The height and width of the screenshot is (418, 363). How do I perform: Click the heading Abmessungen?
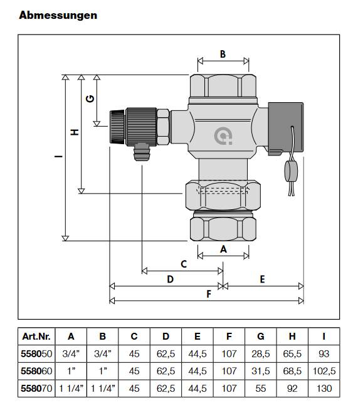point(58,15)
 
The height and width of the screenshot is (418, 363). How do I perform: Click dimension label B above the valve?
point(223,54)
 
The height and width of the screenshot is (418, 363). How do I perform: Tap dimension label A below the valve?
point(223,248)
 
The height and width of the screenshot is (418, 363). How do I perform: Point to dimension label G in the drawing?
point(90,99)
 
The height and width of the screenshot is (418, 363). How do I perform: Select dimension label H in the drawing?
point(74,132)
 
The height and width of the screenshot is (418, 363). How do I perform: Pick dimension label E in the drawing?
point(263,279)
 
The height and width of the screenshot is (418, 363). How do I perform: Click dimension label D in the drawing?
point(169,280)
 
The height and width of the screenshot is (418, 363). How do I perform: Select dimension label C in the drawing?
point(184,264)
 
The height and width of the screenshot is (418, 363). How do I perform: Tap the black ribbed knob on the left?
point(117,125)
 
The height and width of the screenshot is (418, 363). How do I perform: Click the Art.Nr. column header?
point(36,336)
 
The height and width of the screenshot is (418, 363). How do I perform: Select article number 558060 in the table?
point(36,371)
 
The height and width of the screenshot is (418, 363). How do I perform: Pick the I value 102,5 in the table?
point(324,371)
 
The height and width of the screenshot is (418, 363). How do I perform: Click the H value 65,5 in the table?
point(292,353)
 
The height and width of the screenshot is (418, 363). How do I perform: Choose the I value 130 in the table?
point(324,389)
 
